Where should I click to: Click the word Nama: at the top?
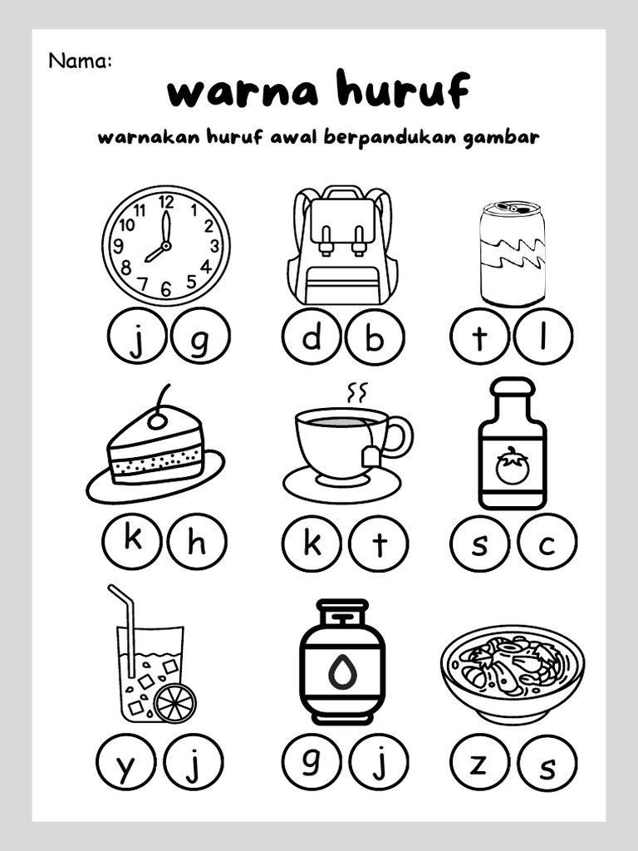80,60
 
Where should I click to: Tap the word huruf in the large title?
400,91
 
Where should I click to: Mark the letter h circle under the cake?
196,544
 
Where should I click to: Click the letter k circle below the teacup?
312,544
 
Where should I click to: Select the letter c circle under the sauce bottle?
547,544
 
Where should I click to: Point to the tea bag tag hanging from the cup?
371,455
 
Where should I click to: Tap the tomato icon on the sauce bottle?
512,466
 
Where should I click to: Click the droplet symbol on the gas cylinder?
341,671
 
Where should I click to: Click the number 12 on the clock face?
166,201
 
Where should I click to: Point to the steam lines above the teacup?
356,391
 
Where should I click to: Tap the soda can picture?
512,252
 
